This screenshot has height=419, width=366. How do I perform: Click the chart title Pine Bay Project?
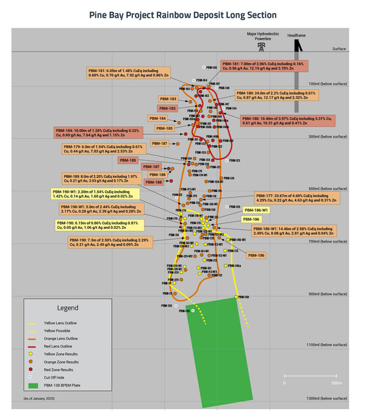pyautogui.click(x=182, y=15)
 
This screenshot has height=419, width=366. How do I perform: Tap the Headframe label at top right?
pyautogui.click(x=297, y=35)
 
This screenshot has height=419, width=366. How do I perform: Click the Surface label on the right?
pyautogui.click(x=339, y=49)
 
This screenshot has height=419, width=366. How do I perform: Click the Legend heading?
pyautogui.click(x=68, y=308)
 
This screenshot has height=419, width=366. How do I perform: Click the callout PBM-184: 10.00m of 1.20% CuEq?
pyautogui.click(x=98, y=133)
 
